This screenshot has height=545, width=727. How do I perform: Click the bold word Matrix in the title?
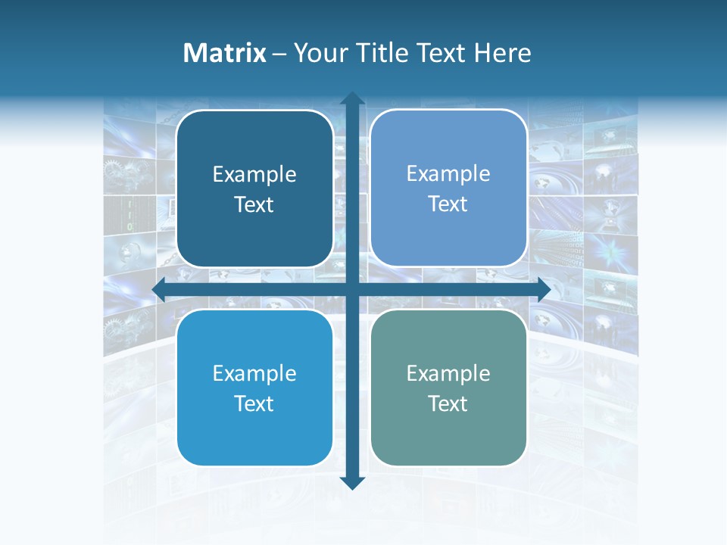225,53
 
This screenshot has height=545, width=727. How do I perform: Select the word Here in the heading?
502,53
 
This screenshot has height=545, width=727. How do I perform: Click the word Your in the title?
318,53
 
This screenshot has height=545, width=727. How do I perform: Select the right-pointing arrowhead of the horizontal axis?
542,290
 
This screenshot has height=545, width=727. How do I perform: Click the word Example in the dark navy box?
254,175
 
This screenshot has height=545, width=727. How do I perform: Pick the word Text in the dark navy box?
254,204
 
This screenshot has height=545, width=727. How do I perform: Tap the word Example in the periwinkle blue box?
448,174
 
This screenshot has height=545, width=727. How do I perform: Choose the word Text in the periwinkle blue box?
448,204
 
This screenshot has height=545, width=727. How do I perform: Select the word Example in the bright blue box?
254,373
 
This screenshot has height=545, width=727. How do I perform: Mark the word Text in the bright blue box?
254,403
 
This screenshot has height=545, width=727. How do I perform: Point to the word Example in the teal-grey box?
448,373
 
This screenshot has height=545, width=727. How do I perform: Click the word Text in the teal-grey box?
448,403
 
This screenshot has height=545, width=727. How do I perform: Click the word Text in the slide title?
440,53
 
